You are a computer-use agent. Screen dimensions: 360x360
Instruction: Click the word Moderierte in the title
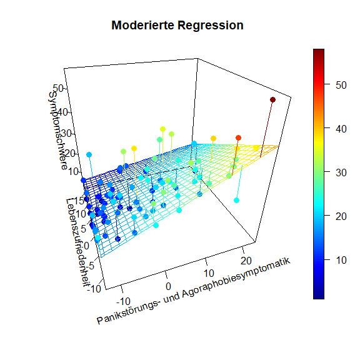[x=142, y=25]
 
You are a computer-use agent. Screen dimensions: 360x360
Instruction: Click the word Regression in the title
[x=211, y=26]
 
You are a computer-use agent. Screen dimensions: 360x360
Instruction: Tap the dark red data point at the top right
[x=272, y=99]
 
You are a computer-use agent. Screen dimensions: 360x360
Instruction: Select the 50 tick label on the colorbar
[x=341, y=85]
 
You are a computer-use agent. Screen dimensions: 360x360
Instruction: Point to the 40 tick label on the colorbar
[x=341, y=129]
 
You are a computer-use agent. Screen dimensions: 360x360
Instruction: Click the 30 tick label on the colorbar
[x=341, y=172]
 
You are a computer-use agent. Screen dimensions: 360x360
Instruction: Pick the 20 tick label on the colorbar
[x=341, y=216]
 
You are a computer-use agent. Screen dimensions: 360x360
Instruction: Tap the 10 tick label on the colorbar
[x=341, y=260]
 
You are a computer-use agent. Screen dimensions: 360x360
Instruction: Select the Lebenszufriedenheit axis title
[x=77, y=242]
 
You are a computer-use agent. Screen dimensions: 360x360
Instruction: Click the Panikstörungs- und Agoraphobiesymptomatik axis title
[x=194, y=291]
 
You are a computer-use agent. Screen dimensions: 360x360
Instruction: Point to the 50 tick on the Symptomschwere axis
[x=58, y=88]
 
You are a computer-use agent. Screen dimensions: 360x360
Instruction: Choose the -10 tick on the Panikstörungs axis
[x=124, y=301]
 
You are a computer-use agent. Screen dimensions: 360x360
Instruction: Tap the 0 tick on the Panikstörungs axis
[x=168, y=286]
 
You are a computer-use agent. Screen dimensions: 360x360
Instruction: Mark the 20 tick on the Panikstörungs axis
[x=246, y=261]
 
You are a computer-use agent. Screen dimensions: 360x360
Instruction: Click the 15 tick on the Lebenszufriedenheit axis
[x=79, y=201]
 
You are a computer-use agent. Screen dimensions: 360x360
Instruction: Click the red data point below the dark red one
[x=238, y=137]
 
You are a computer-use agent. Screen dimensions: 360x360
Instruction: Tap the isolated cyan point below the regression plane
[x=236, y=201]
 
